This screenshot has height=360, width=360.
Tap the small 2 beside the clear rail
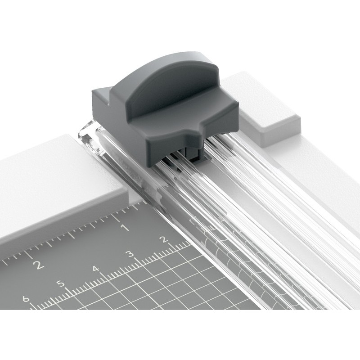pos(164,239)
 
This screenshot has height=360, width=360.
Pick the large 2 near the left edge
pos(38,265)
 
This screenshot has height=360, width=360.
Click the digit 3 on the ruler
pos(130,254)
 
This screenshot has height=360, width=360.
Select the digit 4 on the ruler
pos(96,269)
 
